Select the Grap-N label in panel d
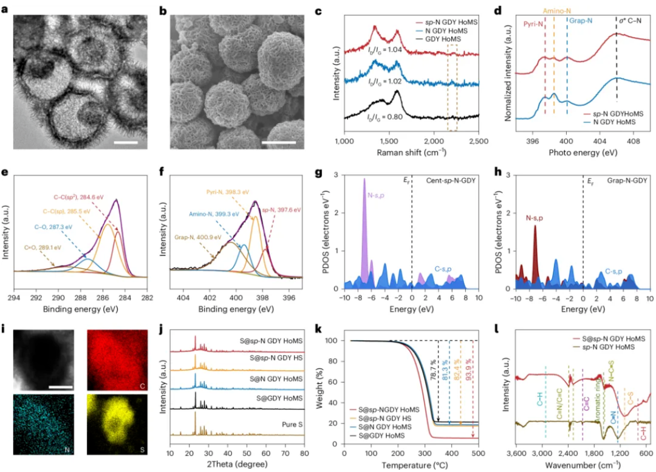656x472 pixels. tap(581, 20)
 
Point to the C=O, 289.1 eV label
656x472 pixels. tap(37, 248)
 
